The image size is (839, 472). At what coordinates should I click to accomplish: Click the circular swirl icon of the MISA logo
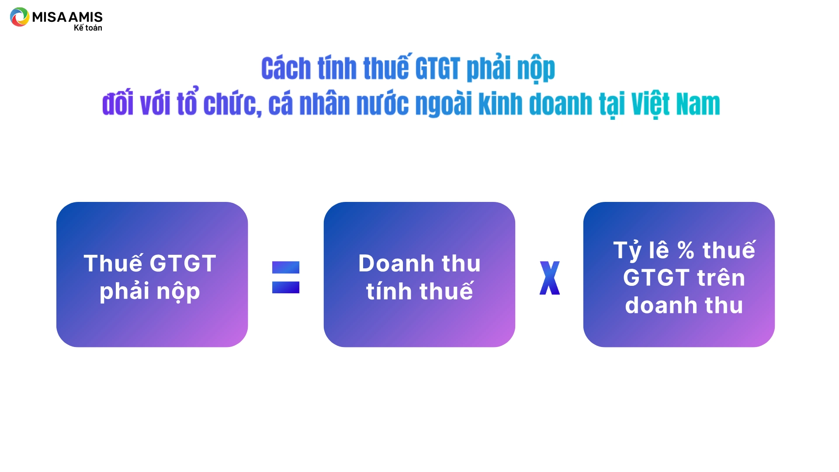pyautogui.click(x=19, y=17)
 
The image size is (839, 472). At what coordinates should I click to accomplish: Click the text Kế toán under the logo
pyautogui.click(x=88, y=28)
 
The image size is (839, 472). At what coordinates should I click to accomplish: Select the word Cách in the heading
pyautogui.click(x=286, y=69)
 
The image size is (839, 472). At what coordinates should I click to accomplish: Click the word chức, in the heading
pyautogui.click(x=232, y=104)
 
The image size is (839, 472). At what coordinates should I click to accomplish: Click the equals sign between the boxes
pyautogui.click(x=286, y=277)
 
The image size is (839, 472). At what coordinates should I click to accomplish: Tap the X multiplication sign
pyautogui.click(x=550, y=278)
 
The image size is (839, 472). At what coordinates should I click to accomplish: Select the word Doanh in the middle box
pyautogui.click(x=396, y=263)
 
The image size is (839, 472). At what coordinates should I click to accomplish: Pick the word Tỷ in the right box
pyautogui.click(x=628, y=250)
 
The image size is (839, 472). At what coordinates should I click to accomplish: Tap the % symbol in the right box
pyautogui.click(x=686, y=250)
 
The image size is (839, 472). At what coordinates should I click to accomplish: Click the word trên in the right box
pyautogui.click(x=721, y=277)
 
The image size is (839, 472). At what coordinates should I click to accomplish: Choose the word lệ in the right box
pyautogui.click(x=659, y=250)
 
